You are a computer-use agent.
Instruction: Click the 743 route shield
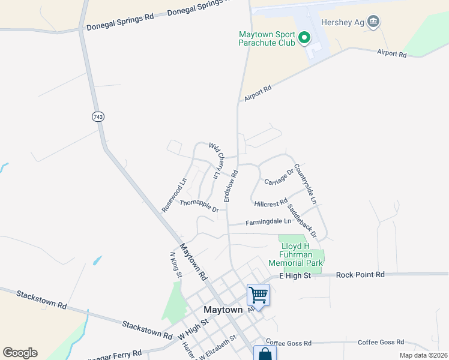[98, 117]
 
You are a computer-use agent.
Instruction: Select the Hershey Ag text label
[342, 23]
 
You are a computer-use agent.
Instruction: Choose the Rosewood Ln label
[175, 194]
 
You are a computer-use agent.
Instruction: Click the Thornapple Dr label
[199, 206]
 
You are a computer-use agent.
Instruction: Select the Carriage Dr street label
[279, 178]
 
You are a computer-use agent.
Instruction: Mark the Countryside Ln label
[305, 184]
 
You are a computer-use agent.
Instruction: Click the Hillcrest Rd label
[271, 204]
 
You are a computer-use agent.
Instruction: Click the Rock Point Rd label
[360, 275]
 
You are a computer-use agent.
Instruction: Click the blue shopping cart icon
[258, 295]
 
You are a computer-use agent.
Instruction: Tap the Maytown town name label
[223, 310]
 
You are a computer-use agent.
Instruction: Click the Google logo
[20, 352]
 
